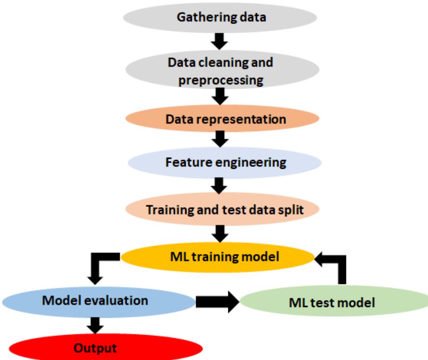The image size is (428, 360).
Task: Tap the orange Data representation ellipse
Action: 222,119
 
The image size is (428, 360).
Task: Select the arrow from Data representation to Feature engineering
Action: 222,140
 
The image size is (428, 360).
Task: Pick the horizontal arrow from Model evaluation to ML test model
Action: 217,302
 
